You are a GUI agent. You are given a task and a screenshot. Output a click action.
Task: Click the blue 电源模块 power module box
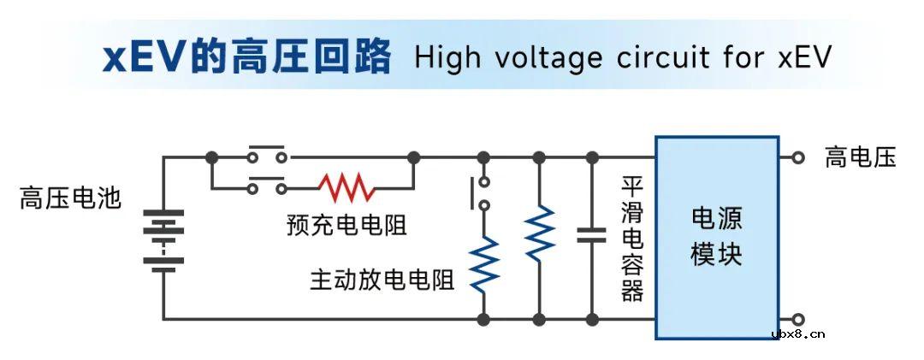717,237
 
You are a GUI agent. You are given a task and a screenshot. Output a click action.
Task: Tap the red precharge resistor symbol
346,186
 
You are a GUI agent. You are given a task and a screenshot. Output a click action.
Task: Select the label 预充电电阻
346,225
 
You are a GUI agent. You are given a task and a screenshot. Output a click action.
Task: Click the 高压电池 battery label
71,199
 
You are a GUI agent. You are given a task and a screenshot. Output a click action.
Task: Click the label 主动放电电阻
382,280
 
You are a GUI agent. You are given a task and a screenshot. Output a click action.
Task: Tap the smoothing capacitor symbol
591,235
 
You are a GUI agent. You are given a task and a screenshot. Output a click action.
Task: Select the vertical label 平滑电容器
632,239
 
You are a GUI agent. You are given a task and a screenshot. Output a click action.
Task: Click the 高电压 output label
860,157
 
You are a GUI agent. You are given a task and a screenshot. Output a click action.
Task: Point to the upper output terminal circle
798,157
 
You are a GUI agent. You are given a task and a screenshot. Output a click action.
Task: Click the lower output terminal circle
798,319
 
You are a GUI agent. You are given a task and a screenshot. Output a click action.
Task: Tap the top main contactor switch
267,154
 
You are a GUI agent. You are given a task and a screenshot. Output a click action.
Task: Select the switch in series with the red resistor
267,184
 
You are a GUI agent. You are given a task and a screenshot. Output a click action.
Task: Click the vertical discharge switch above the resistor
480,192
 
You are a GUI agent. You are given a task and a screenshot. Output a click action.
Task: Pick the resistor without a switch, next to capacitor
539,233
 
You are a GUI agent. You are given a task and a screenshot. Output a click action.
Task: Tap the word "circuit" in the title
666,58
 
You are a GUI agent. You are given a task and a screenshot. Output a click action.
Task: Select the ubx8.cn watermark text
797,334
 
